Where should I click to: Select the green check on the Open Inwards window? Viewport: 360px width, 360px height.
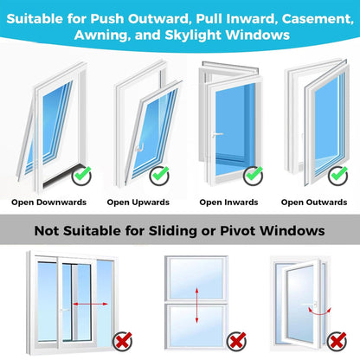tap(253, 175)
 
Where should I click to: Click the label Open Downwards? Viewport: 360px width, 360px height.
tap(49, 202)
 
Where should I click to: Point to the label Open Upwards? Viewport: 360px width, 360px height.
tap(138, 202)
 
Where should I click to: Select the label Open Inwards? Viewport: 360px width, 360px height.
tap(228, 202)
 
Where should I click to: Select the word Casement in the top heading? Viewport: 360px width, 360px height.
tap(283, 16)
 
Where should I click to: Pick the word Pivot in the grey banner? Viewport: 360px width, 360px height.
tap(252, 232)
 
